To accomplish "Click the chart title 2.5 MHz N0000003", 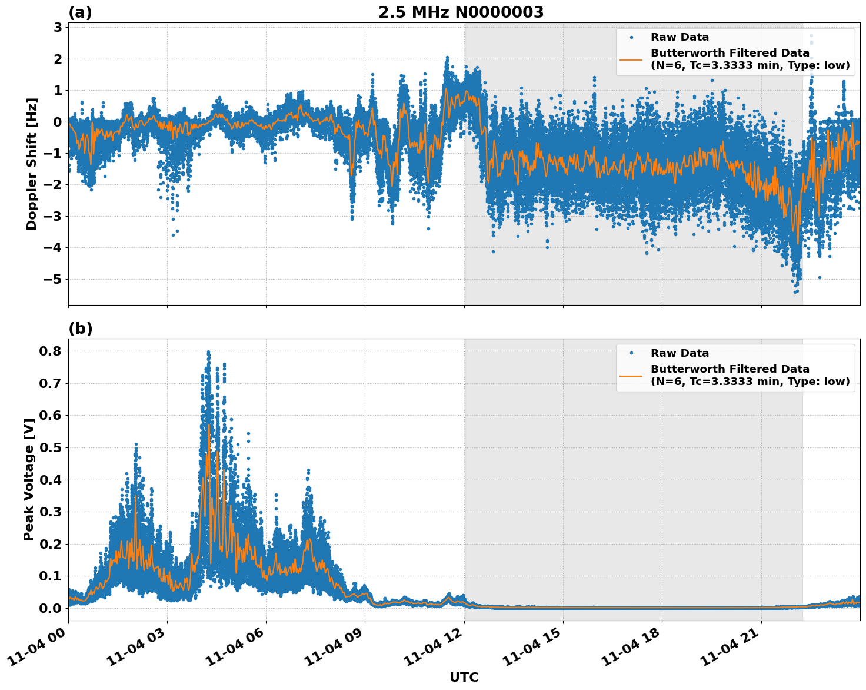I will (x=461, y=12).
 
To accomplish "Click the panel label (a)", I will (x=80, y=12).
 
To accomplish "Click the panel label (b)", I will (x=80, y=329).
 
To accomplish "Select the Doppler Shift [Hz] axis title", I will (x=32, y=164).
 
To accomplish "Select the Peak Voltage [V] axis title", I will (x=29, y=480).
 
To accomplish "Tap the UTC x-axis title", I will (x=464, y=677).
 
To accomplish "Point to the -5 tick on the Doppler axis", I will (x=54, y=279).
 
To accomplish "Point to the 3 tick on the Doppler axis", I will (x=58, y=28).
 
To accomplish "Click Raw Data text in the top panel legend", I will (x=680, y=37).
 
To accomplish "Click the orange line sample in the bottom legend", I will (x=631, y=375).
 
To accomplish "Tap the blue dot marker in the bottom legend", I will (x=631, y=353).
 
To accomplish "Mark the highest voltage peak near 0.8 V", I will (x=208, y=352).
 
